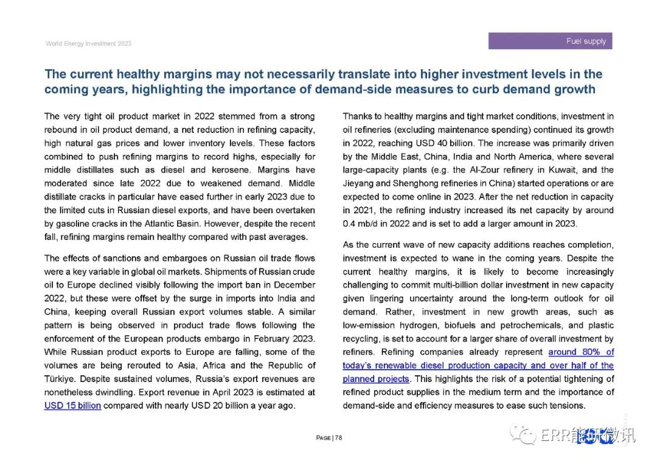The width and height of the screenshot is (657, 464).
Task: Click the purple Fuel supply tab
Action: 550,41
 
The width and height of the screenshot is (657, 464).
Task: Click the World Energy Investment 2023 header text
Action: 88,44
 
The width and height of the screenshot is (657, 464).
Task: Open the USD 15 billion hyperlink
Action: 72,406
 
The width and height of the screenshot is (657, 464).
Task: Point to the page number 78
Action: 339,438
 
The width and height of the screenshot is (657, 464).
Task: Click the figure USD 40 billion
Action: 442,143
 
